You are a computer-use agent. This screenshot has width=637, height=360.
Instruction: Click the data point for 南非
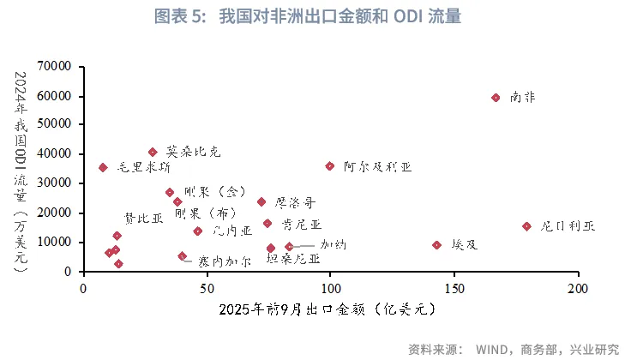click(496, 98)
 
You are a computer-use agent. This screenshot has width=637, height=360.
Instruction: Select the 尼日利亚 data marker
click(526, 226)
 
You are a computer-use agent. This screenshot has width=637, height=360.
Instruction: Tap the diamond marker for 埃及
click(437, 245)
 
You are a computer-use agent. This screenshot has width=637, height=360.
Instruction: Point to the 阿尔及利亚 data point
click(330, 166)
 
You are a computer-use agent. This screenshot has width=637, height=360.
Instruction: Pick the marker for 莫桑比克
click(153, 152)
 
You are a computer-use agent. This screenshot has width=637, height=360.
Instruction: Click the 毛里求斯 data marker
click(103, 167)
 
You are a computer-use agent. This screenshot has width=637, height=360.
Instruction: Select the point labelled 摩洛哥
click(261, 202)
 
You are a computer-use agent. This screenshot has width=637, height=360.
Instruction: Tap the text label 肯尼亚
click(301, 225)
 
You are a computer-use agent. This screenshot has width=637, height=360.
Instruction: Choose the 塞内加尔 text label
click(225, 261)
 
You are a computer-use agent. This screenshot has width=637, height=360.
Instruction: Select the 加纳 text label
click(333, 244)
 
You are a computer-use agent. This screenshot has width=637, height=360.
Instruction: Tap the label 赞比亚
click(143, 218)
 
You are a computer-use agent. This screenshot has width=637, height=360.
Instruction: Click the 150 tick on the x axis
click(454, 287)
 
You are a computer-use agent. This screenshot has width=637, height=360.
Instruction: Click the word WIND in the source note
click(494, 350)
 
